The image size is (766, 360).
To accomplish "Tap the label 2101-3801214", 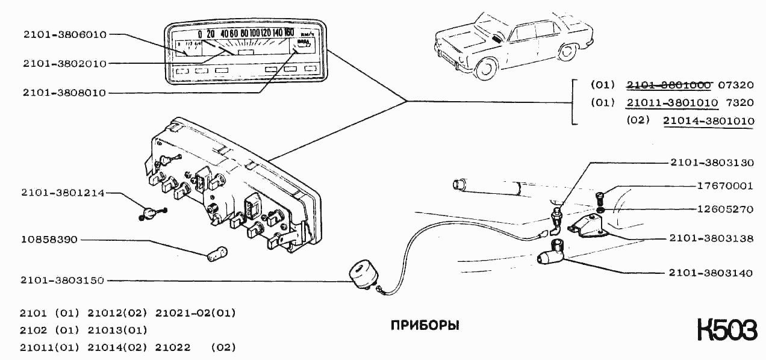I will click(x=63, y=193).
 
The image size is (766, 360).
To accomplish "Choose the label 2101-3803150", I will click(x=63, y=281).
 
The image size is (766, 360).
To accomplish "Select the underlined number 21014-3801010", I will click(x=708, y=121).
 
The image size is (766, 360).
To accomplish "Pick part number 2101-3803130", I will click(x=711, y=163).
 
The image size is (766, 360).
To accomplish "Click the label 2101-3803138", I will click(x=711, y=239).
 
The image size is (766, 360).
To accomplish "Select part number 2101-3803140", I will click(x=711, y=273).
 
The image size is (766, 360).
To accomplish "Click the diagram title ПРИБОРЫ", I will click(x=425, y=326).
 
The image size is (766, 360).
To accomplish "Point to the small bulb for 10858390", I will click(x=217, y=253).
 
